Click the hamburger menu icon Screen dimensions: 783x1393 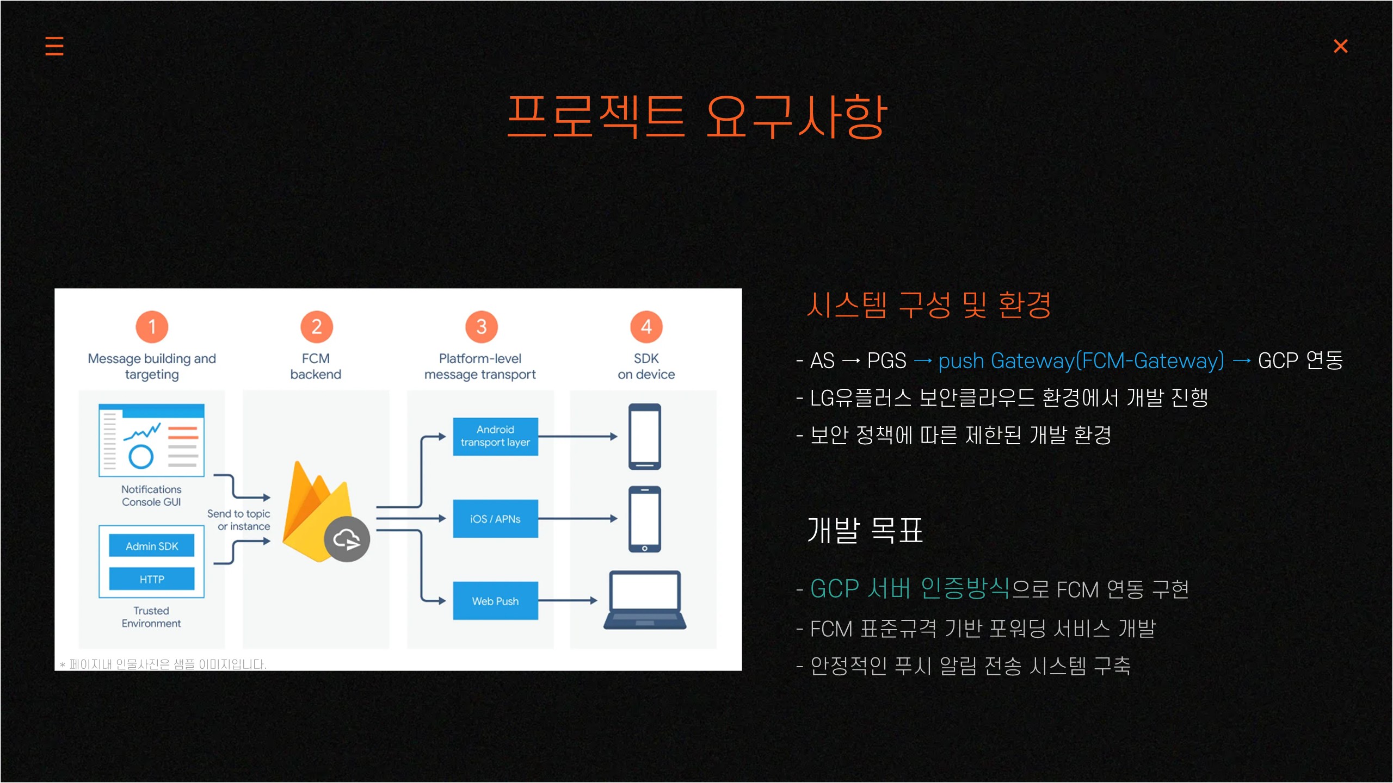[54, 46]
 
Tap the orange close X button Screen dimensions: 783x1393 [1340, 46]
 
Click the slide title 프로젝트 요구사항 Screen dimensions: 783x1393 [697, 116]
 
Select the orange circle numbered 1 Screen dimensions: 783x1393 [152, 327]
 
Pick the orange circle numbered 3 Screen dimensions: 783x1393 [482, 327]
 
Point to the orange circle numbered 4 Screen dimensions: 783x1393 [646, 327]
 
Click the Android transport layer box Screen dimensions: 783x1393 [495, 436]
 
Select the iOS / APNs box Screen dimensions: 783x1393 [495, 519]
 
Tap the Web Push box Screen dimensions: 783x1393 [495, 601]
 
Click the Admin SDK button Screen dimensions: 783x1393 [152, 546]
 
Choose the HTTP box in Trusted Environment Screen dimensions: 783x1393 [152, 579]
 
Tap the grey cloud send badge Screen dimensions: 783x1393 [347, 539]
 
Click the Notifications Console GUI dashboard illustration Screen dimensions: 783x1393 [151, 440]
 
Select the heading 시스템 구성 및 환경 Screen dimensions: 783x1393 [928, 305]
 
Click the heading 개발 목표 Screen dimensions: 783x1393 [865, 530]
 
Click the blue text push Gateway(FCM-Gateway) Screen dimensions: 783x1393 [1081, 361]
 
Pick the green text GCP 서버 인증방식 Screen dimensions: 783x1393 [909, 588]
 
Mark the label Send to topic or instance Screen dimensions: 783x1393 [239, 520]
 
